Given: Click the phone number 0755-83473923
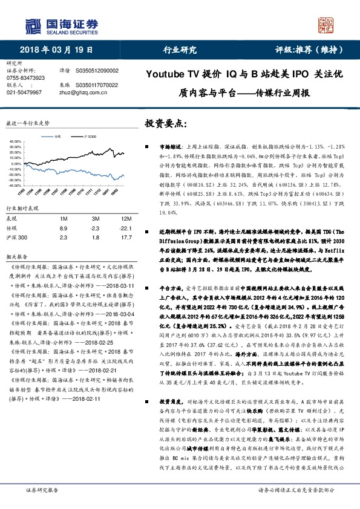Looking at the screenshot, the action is click(26, 78).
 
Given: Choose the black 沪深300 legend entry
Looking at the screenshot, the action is click(87, 137).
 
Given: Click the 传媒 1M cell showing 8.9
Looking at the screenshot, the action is click(64, 229).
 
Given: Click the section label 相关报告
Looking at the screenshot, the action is click(16, 256).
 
